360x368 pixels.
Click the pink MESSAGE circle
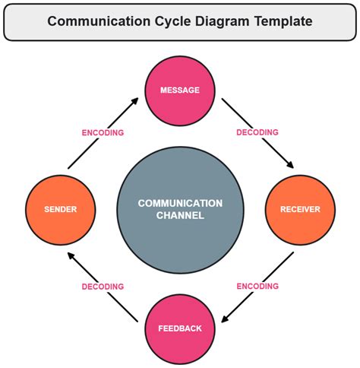click(x=180, y=90)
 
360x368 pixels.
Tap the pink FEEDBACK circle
click(x=180, y=328)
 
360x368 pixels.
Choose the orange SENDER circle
click(x=59, y=209)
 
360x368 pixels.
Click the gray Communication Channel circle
click(x=180, y=209)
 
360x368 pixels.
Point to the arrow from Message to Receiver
click(x=257, y=132)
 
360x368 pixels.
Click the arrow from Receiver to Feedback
click(x=257, y=287)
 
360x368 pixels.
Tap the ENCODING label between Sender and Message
click(x=103, y=132)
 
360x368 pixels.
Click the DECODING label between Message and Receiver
click(x=257, y=132)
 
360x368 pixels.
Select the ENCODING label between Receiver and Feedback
click(x=257, y=287)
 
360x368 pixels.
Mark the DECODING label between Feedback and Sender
click(x=103, y=287)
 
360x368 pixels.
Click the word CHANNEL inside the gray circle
click(x=180, y=216)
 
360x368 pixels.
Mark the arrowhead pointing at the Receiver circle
click(x=289, y=163)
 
